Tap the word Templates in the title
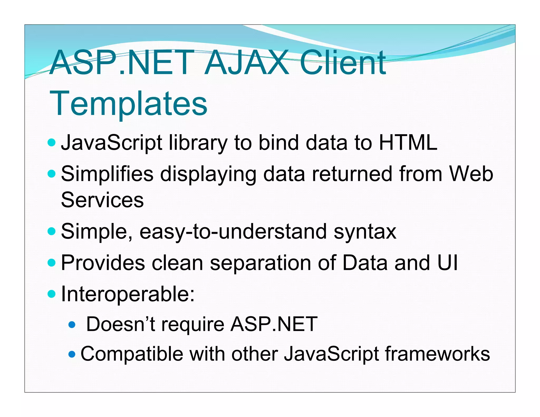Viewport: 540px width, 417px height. click(128, 103)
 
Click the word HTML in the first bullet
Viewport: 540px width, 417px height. click(408, 143)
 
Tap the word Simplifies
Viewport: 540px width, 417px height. click(107, 174)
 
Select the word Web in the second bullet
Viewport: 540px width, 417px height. click(471, 174)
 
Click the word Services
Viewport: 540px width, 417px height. click(102, 200)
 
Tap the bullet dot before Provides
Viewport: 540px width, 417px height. click(52, 263)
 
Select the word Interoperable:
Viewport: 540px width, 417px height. click(128, 294)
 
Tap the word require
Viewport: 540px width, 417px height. click(193, 325)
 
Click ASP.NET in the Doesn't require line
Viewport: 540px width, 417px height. click(274, 324)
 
